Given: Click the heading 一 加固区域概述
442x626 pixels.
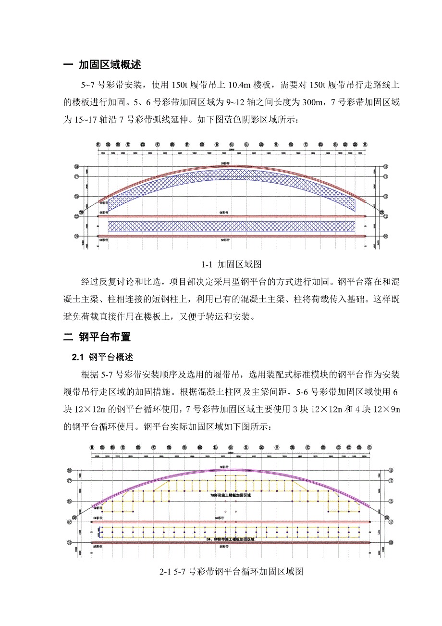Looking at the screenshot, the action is pos(103,65).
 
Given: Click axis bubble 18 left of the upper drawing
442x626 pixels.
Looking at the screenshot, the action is pos(76,166).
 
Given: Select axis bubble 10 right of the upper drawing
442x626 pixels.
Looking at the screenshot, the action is pos(385,236).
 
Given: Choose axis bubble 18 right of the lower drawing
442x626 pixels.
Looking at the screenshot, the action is pos(391,470).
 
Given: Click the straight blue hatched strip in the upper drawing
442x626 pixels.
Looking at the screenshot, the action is pos(232,226).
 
